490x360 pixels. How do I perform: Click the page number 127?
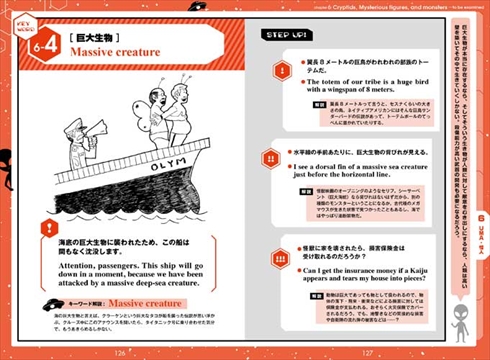point(365,351)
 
